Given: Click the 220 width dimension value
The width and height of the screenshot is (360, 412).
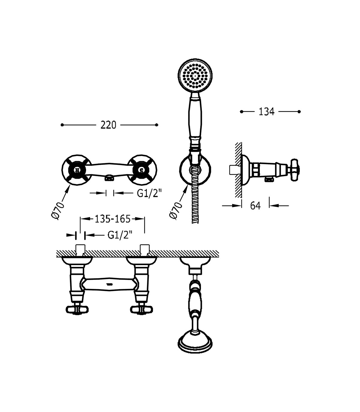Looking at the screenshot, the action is coord(108,125).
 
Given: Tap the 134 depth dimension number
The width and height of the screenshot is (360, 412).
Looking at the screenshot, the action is coord(266,112).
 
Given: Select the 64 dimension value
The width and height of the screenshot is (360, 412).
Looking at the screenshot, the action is coord(255,206).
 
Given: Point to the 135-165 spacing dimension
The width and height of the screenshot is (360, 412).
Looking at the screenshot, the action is coord(112,219).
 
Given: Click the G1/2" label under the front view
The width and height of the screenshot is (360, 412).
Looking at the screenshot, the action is coord(149,193).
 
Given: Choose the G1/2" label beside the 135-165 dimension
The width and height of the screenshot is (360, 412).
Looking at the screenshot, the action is coord(120,235).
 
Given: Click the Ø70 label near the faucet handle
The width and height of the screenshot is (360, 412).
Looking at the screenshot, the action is coord(58,211).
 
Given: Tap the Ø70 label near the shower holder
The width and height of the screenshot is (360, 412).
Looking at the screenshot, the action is coord(176,211).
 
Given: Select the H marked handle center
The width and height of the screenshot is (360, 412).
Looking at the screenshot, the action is coord(76,170).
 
